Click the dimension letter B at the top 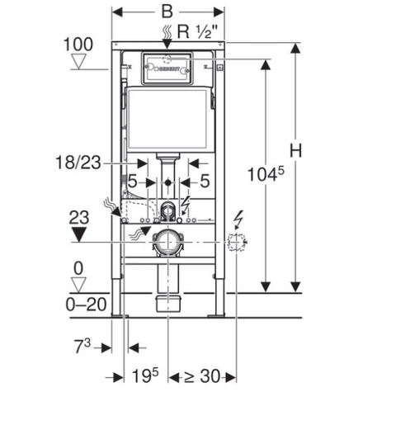click(168, 13)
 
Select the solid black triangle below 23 click(79, 234)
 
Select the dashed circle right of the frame click(236, 242)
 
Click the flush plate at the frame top click(167, 68)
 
